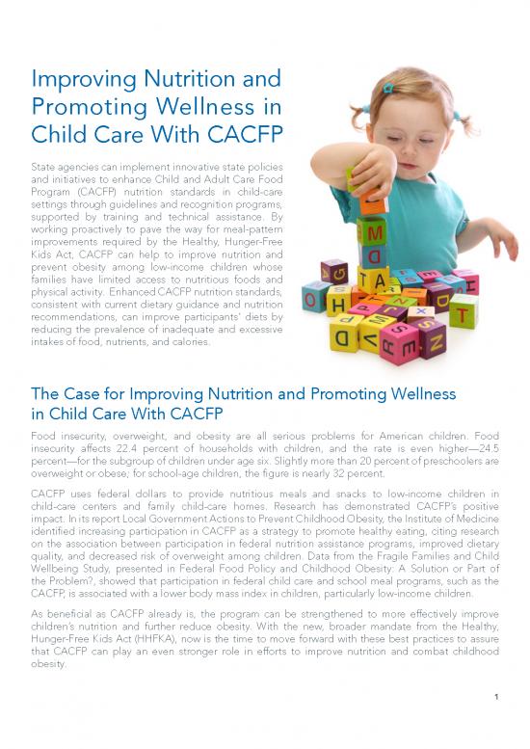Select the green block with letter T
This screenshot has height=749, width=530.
pyautogui.click(x=464, y=312)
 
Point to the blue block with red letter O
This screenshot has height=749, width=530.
pyautogui.click(x=314, y=296)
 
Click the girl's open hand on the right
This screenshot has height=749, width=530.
pyautogui.click(x=501, y=236)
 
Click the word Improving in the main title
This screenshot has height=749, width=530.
pyautogui.click(x=77, y=79)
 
